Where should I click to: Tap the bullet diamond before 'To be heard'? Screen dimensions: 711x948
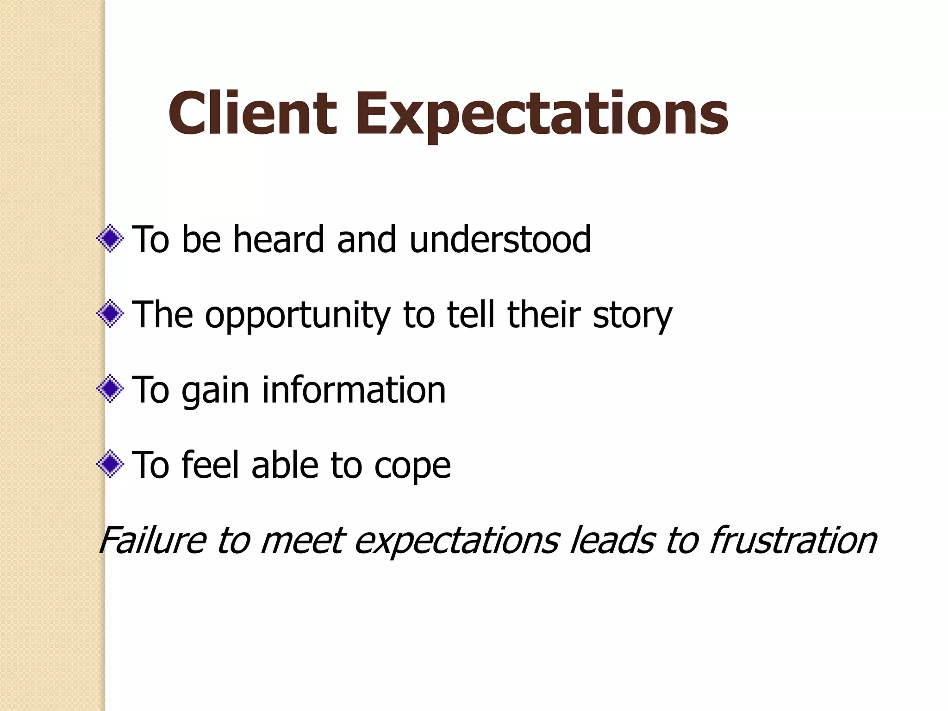[x=110, y=239]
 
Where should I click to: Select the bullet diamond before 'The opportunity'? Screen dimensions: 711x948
[x=110, y=314]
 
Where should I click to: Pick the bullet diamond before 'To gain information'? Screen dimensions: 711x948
[x=110, y=389]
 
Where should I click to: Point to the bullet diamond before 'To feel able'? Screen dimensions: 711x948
[x=110, y=464]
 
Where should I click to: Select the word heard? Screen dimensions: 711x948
[x=278, y=239]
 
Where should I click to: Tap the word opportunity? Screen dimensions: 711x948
[x=298, y=315]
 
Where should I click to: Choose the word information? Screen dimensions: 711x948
[x=354, y=390]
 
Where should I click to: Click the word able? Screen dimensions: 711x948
[x=285, y=465]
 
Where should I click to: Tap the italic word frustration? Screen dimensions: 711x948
[x=792, y=540]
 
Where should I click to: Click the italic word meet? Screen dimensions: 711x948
[x=303, y=540]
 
